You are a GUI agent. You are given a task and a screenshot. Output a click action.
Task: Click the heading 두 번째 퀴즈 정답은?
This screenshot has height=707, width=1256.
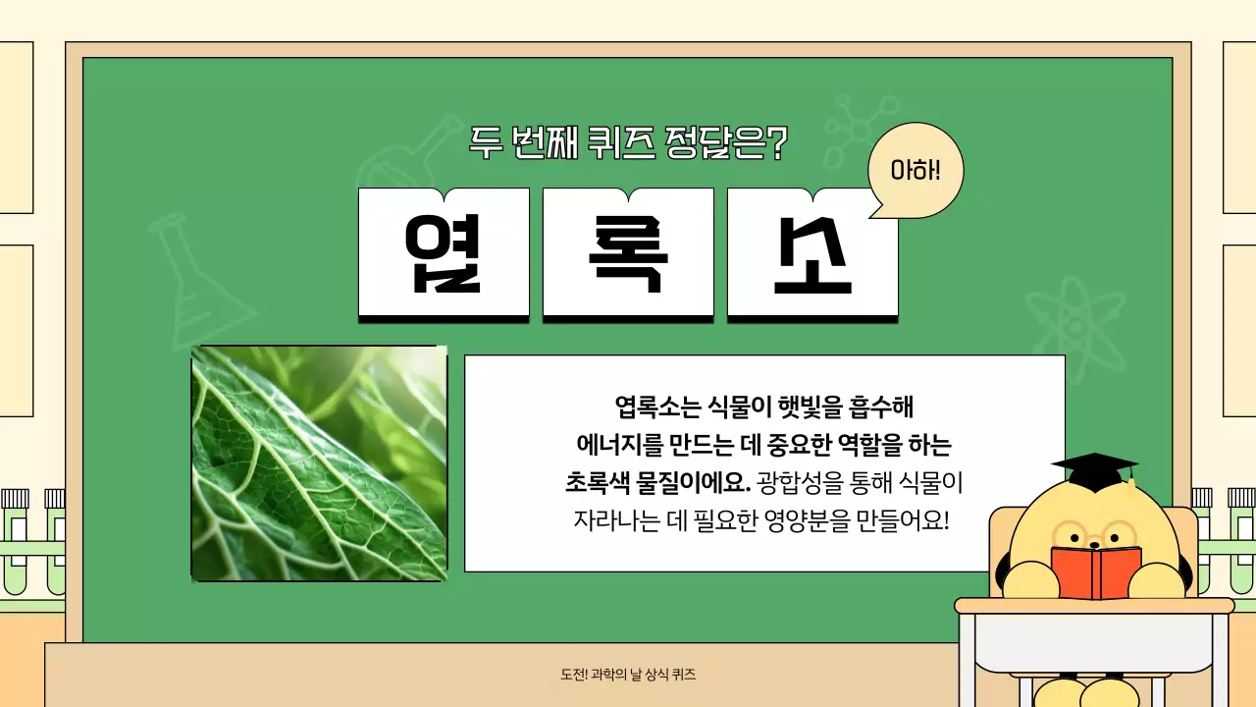628,143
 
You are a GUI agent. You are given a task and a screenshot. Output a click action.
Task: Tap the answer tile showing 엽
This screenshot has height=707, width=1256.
444,252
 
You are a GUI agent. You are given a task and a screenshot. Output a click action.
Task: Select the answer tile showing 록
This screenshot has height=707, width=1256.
628,252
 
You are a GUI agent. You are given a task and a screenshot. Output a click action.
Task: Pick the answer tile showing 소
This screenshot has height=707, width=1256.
811,252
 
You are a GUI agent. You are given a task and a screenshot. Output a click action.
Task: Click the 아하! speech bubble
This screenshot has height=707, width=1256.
916,171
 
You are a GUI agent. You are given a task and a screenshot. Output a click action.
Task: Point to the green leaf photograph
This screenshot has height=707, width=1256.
319,462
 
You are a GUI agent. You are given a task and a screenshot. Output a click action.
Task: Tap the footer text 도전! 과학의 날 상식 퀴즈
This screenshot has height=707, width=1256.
628,676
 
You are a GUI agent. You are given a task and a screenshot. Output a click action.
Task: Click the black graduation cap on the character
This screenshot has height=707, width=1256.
1094,470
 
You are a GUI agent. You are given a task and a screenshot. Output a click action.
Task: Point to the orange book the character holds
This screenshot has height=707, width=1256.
1095,572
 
